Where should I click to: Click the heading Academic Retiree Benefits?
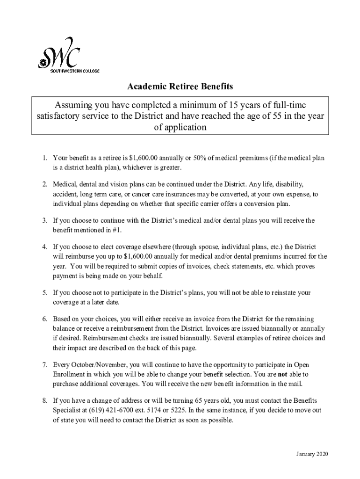[x=180, y=87]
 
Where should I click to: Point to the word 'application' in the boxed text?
[x=180, y=127]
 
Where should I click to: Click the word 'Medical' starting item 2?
[x=65, y=184]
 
